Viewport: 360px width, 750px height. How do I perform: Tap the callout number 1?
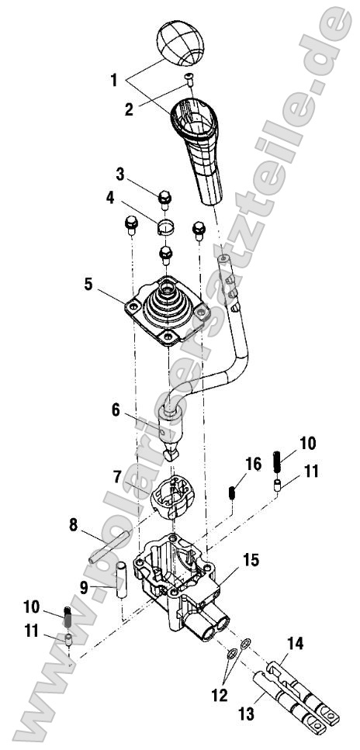coord(114,79)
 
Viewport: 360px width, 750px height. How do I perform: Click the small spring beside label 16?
coord(231,493)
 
